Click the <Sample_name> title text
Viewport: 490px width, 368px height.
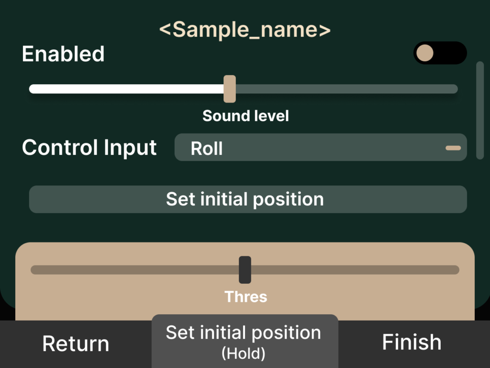click(245, 30)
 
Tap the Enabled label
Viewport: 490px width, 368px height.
click(63, 54)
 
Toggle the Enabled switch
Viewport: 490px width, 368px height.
click(440, 53)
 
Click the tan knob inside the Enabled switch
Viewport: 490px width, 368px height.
click(425, 53)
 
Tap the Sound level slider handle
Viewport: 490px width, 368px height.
click(230, 89)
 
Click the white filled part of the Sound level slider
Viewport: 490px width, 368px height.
click(126, 89)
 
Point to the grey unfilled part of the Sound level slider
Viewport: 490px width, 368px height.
click(347, 89)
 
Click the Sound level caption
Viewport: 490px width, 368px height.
click(245, 116)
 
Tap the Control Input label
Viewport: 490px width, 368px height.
click(89, 148)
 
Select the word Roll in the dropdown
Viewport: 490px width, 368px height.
click(207, 148)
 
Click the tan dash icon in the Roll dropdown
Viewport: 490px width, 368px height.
click(453, 148)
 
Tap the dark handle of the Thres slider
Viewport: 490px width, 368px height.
click(245, 270)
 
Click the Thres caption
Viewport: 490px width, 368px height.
click(245, 297)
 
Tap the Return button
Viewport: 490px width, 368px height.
click(76, 344)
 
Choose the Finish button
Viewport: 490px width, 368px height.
click(412, 342)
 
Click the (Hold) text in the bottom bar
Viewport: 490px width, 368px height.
click(244, 354)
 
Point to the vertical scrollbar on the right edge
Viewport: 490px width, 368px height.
click(480, 111)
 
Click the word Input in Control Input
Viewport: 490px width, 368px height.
click(130, 148)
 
